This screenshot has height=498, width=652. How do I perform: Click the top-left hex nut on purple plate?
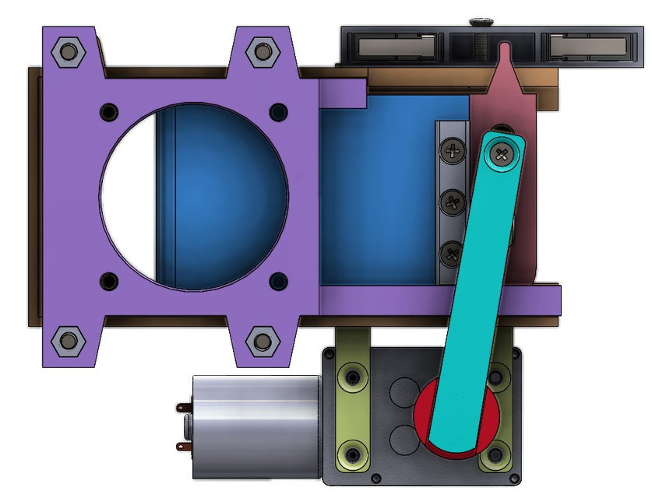68,53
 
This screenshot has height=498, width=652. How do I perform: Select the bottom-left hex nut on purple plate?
67,341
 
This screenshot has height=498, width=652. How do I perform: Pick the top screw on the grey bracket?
451,149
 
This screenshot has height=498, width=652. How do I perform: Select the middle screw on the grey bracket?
452,204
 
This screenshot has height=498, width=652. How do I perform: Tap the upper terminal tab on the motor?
184,407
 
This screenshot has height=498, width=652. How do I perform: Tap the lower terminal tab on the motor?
184,446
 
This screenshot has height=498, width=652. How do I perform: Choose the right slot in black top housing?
586,47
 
